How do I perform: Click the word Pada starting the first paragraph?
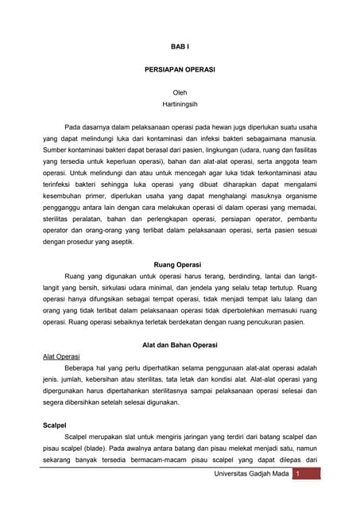pyautogui.click(x=73, y=126)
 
